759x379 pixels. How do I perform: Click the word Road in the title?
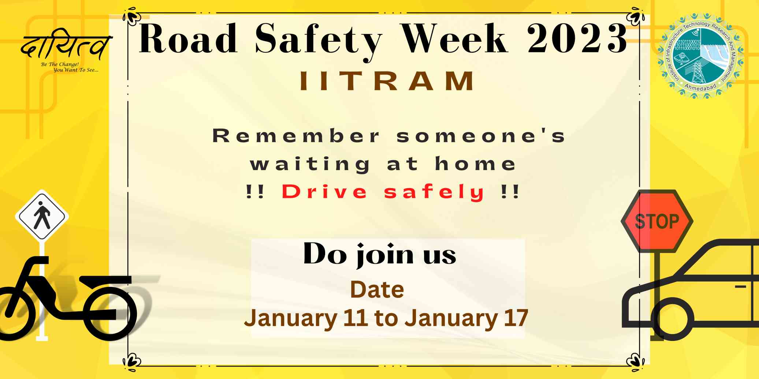coord(188,38)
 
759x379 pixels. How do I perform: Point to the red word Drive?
coord(324,192)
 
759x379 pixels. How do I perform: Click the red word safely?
coord(434,192)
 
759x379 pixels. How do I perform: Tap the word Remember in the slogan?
coord(296,136)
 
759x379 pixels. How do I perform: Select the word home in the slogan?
coord(475,164)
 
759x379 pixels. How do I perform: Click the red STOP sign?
coord(657,221)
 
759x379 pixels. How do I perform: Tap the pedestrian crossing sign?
coord(42,216)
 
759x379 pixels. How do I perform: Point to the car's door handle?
coord(740,286)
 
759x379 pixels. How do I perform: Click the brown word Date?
coord(377,290)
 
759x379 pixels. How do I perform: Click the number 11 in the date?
coord(355,318)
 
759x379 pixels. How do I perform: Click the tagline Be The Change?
coord(60,64)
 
